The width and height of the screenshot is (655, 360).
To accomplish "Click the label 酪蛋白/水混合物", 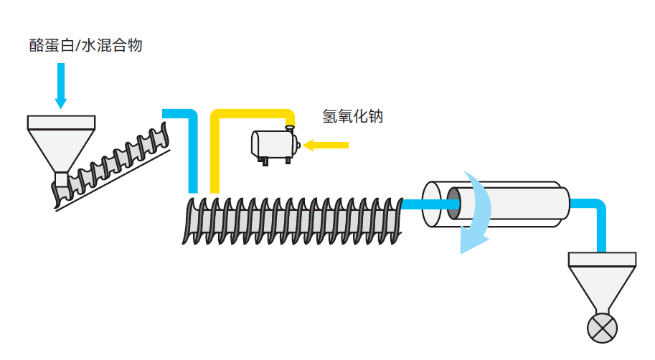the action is click(85, 45).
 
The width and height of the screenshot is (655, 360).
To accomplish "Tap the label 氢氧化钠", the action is click(352, 116).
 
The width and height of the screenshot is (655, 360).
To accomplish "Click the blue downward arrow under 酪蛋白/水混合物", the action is click(61, 85).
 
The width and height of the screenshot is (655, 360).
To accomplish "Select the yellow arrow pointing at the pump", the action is click(326, 146).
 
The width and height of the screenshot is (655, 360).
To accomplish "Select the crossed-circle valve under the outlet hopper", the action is click(602, 328).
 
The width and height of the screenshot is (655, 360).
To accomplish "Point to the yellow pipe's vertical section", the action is click(215, 154).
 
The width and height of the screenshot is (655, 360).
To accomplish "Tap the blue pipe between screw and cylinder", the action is click(430, 204).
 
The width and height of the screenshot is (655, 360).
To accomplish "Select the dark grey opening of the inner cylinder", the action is click(453, 204).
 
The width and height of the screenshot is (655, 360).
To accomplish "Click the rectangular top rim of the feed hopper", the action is click(61, 123).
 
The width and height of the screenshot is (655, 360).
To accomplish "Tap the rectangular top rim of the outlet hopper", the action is click(602, 260).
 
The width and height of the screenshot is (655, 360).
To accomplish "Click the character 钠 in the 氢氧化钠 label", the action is click(376, 116).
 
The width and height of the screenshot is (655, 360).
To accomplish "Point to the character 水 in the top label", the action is click(88, 45).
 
